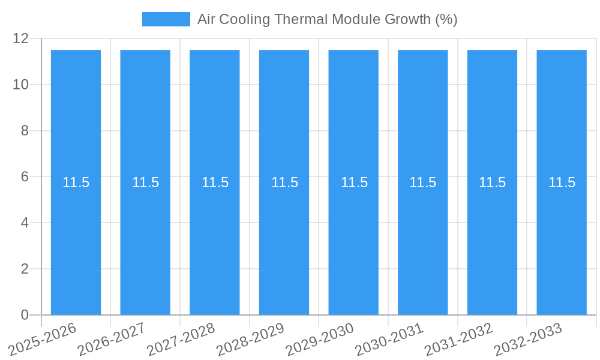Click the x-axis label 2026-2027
[112, 339]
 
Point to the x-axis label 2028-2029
[250, 339]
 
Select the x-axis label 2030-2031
[389, 339]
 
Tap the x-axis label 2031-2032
[459, 339]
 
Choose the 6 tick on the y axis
[25, 177]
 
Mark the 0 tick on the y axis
[25, 315]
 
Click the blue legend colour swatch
[166, 19]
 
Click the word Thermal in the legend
[298, 19]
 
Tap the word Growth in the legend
[408, 19]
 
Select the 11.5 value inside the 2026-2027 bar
[145, 182]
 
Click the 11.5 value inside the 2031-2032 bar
[492, 182]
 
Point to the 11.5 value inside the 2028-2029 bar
[284, 182]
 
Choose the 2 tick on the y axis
[25, 269]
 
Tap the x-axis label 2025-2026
[43, 339]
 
